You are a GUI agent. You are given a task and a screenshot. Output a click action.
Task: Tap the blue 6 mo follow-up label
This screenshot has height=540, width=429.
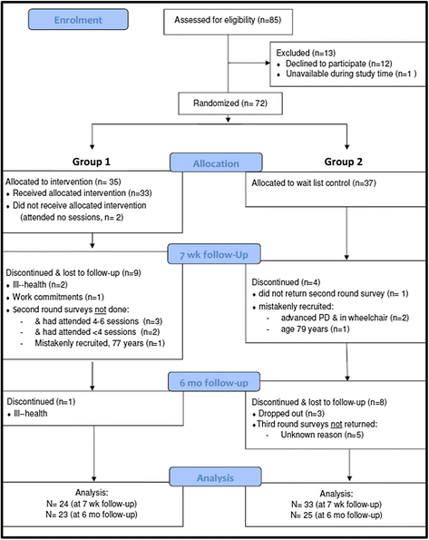[x=212, y=384]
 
